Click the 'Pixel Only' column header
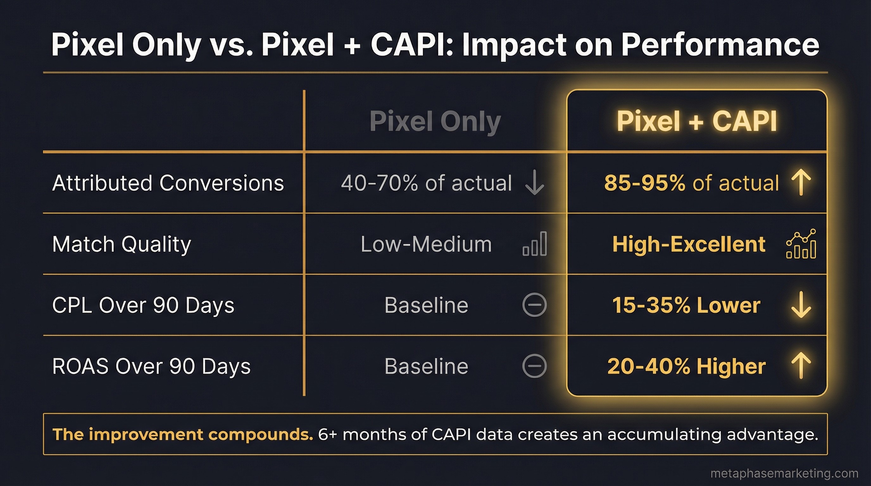coord(435,121)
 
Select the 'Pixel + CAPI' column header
coord(697,121)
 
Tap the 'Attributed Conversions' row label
coord(168,183)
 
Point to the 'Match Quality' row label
coord(122,244)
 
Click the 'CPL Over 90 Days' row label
coord(143,305)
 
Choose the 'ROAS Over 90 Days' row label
coord(152,366)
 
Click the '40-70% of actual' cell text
coord(426,183)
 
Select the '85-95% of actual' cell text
coord(692,183)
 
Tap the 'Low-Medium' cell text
coord(426,244)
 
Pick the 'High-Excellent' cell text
coord(689,244)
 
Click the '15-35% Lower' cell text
coord(686,305)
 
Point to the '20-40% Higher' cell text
coord(686,366)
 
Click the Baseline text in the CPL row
coord(426,305)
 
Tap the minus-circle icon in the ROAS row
coord(534,366)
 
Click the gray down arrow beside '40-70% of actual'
coord(535,183)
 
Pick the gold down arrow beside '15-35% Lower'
coord(801,305)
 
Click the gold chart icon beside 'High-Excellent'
coord(801,244)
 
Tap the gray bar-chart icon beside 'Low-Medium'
coord(535,244)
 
